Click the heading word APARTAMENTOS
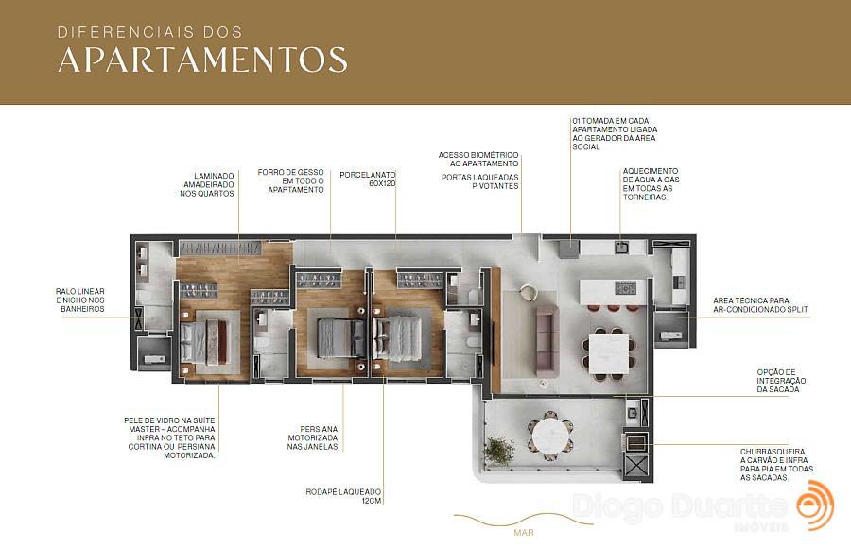[202, 60]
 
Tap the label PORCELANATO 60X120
[368, 180]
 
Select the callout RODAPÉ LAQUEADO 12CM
[343, 496]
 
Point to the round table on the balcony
[551, 436]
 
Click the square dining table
[608, 353]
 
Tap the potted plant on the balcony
[498, 451]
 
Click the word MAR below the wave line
[524, 533]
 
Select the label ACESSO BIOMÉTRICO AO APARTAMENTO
[478, 159]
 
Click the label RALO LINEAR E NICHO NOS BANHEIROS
[79, 300]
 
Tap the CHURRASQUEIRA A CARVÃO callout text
[776, 465]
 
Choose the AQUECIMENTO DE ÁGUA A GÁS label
[651, 184]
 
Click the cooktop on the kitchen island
[625, 287]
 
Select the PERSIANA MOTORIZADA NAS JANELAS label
[312, 437]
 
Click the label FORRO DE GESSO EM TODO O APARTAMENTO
[290, 180]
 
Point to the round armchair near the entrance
[527, 292]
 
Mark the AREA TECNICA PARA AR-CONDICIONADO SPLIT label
[760, 305]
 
